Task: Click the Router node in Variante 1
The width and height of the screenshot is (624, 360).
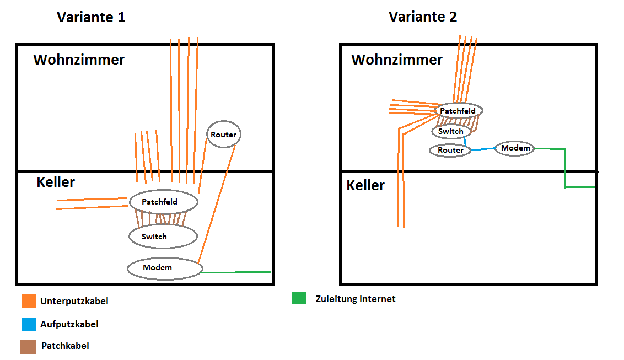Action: pyautogui.click(x=224, y=135)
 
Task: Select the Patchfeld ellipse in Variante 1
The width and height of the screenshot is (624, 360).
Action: pyautogui.click(x=163, y=202)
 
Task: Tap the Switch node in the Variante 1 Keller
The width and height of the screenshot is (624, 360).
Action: pyautogui.click(x=163, y=237)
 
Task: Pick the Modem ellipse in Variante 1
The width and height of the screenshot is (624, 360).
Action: pyautogui.click(x=164, y=268)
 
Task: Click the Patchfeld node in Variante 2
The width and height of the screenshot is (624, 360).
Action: pyautogui.click(x=459, y=111)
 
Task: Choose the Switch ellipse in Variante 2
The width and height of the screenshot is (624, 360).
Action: pyautogui.click(x=451, y=131)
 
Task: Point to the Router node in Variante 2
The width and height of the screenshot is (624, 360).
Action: pyautogui.click(x=450, y=150)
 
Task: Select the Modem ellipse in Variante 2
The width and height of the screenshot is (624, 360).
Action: pyautogui.click(x=515, y=148)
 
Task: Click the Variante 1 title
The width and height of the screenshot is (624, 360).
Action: pyautogui.click(x=91, y=17)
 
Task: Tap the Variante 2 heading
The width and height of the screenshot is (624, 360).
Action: pyautogui.click(x=423, y=17)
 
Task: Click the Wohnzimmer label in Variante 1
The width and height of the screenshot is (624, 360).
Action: pyautogui.click(x=79, y=60)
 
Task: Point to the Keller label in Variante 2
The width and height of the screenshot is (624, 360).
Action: pyautogui.click(x=365, y=185)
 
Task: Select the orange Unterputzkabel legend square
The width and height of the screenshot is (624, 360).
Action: pyautogui.click(x=29, y=301)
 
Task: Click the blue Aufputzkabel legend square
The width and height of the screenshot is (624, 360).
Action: pyautogui.click(x=29, y=324)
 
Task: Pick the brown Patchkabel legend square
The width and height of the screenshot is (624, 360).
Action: pyautogui.click(x=29, y=346)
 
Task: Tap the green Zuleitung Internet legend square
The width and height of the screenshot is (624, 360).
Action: pyautogui.click(x=299, y=298)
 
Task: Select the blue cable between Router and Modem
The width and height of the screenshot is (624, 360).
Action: pyautogui.click(x=483, y=149)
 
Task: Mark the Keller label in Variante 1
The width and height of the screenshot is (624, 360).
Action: pyautogui.click(x=56, y=182)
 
